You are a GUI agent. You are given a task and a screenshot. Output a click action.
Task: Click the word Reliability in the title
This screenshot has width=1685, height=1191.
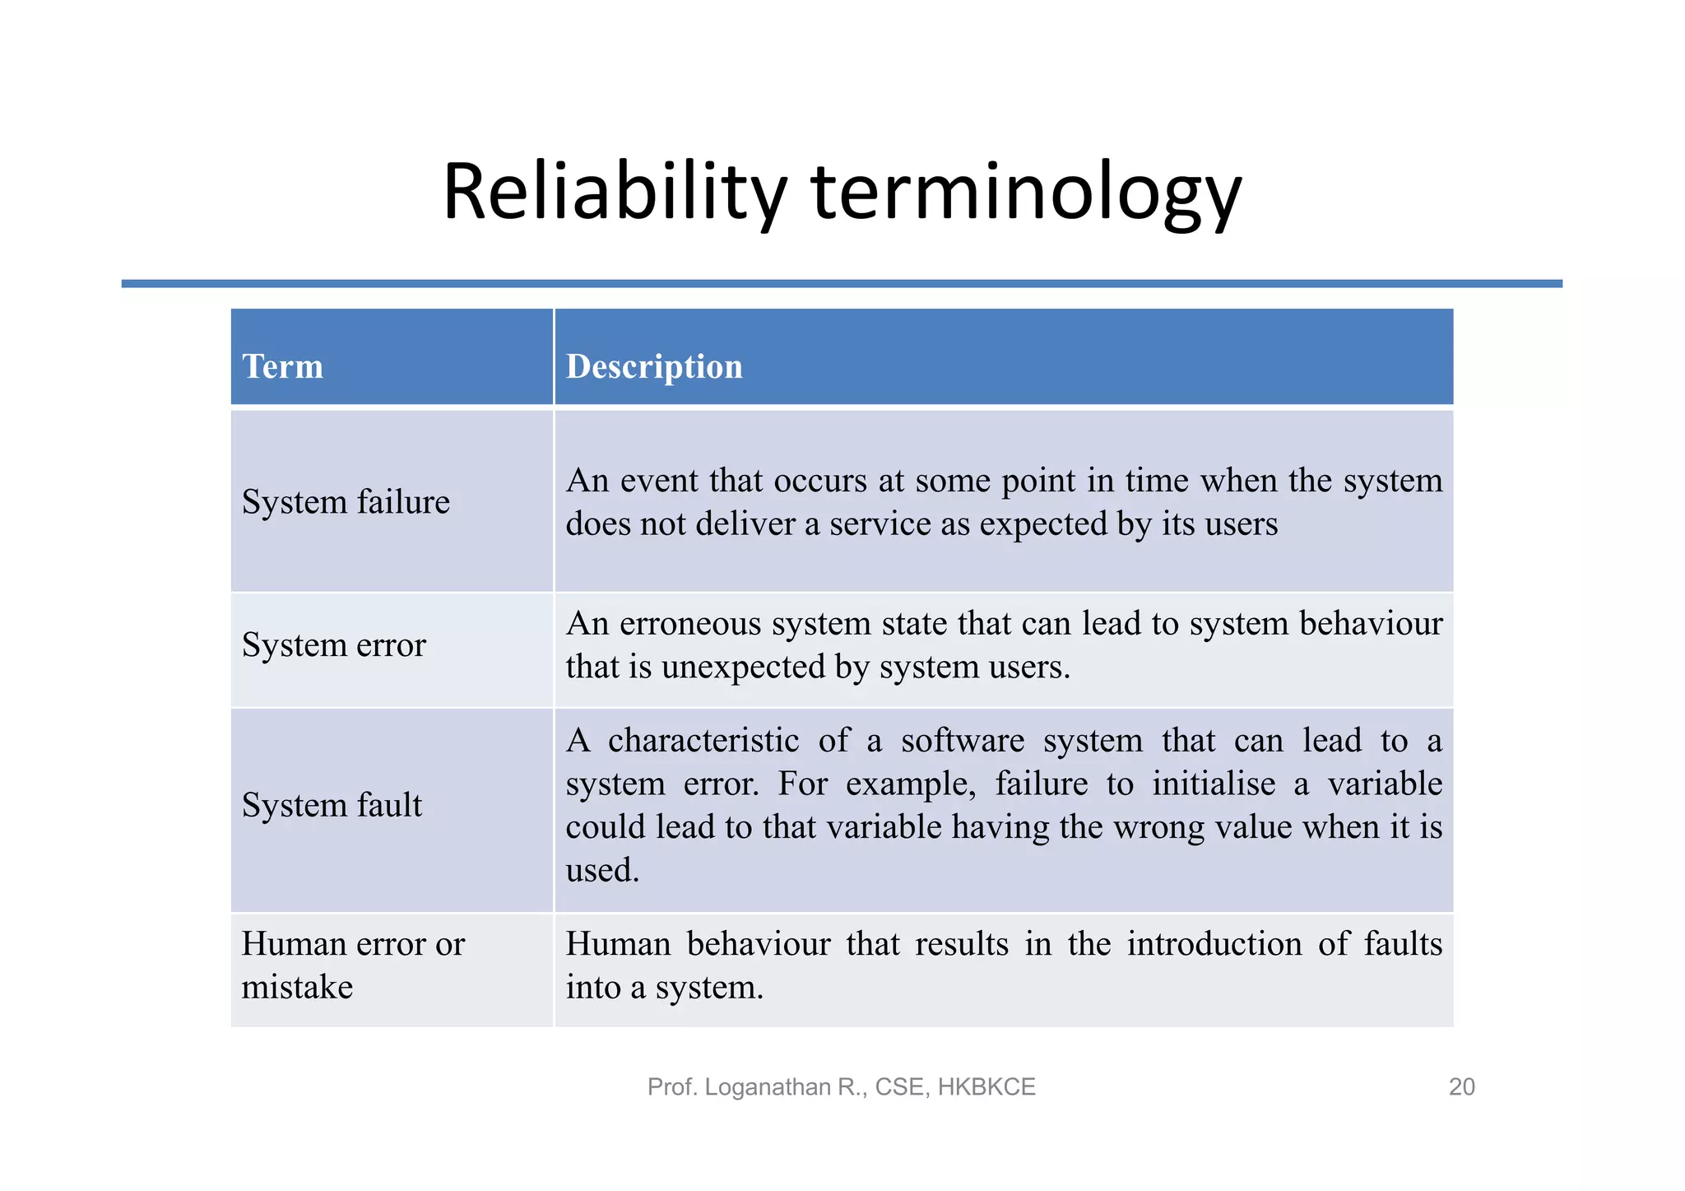pyautogui.click(x=614, y=193)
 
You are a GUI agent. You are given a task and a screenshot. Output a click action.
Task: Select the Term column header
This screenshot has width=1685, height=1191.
pyautogui.click(x=282, y=366)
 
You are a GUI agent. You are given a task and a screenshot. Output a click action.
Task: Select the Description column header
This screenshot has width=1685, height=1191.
pyautogui.click(x=654, y=366)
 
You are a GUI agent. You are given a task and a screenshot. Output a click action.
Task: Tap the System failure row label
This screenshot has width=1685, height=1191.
pyautogui.click(x=346, y=502)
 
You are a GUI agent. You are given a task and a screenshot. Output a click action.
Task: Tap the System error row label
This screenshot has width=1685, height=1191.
pyautogui.click(x=333, y=644)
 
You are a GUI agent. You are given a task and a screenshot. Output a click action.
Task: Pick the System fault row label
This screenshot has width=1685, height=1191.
pyautogui.click(x=332, y=805)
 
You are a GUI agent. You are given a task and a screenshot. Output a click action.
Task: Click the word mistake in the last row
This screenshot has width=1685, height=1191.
pyautogui.click(x=297, y=987)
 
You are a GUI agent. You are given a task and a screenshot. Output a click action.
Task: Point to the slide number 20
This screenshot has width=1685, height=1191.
pyautogui.click(x=1461, y=1087)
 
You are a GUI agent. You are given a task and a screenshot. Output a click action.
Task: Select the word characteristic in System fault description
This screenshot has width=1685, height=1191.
pyautogui.click(x=703, y=741)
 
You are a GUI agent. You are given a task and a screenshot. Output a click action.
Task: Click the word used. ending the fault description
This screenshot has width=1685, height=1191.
pyautogui.click(x=602, y=871)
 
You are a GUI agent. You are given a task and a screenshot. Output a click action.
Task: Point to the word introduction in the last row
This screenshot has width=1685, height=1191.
pyautogui.click(x=1214, y=944)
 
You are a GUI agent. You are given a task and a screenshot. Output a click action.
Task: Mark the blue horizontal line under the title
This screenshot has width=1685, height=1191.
pyautogui.click(x=842, y=284)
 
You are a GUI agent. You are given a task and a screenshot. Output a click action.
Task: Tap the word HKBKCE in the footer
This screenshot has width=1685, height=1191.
pyautogui.click(x=986, y=1087)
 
